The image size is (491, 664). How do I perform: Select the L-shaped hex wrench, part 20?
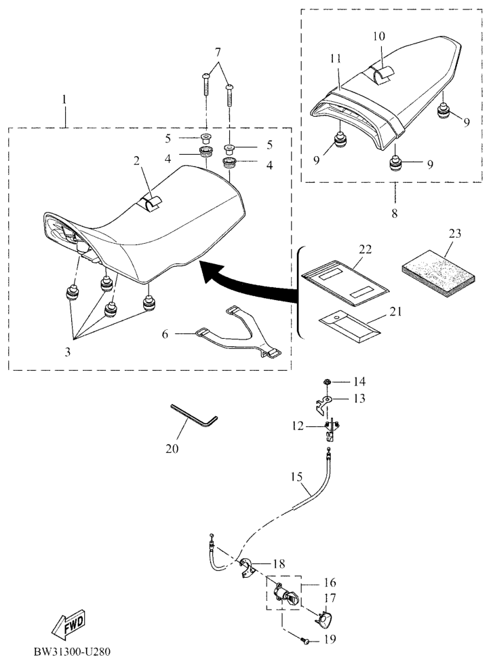[194, 416]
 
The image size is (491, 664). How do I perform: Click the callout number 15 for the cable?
[296, 477]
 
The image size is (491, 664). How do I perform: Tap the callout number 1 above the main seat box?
[64, 100]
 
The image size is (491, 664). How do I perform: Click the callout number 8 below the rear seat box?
[395, 213]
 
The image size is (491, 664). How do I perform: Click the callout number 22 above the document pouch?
[366, 249]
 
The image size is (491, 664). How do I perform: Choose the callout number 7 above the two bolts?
[218, 53]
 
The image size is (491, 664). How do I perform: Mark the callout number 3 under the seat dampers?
[68, 352]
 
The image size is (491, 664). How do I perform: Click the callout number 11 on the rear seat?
[336, 58]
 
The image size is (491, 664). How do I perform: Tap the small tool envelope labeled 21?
[349, 326]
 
